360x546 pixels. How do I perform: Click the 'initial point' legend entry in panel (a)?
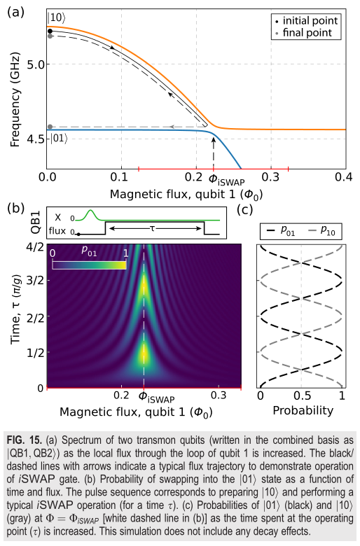pyautogui.click(x=306, y=21)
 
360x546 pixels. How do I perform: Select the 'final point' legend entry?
pyautogui.click(x=303, y=33)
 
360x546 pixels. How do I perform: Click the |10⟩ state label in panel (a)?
pyautogui.click(x=56, y=18)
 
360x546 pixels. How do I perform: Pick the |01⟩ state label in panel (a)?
pyautogui.click(x=59, y=139)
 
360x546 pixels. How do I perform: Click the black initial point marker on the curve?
pyautogui.click(x=50, y=31)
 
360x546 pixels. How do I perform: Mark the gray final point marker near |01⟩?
pyautogui.click(x=50, y=127)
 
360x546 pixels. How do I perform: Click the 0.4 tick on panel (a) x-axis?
pyautogui.click(x=344, y=177)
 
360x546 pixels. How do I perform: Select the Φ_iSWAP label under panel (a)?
pyautogui.click(x=226, y=180)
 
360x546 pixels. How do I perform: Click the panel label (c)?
pyautogui.click(x=244, y=209)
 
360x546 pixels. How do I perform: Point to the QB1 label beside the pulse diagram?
pyautogui.click(x=36, y=222)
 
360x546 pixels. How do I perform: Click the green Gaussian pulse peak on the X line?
pyautogui.click(x=91, y=210)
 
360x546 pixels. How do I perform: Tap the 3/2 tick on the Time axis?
pyautogui.click(x=36, y=280)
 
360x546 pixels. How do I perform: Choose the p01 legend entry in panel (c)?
pyautogui.click(x=279, y=231)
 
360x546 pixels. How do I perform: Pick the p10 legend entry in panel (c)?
pyautogui.click(x=319, y=231)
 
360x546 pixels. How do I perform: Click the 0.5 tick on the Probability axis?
pyautogui.click(x=302, y=396)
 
